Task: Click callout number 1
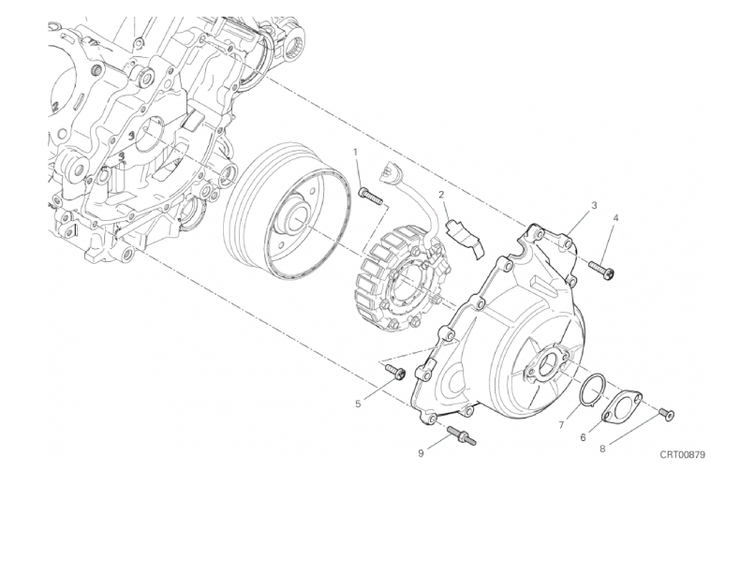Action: [x=356, y=152]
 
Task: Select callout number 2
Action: [x=442, y=195]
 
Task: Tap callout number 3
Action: [x=594, y=205]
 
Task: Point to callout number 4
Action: [x=615, y=217]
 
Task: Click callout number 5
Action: [x=358, y=404]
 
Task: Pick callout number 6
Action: [x=583, y=438]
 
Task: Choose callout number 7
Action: [x=561, y=425]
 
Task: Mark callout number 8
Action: [x=602, y=448]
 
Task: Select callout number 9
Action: [x=421, y=453]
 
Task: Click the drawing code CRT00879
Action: [x=683, y=454]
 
